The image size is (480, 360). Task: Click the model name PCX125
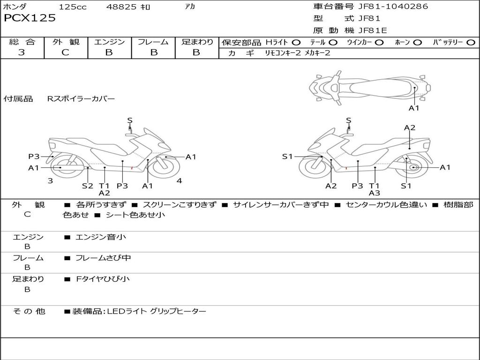pyautogui.click(x=30, y=18)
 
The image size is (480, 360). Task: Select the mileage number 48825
pyautogui.click(x=122, y=7)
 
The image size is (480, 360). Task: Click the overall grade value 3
pyautogui.click(x=22, y=52)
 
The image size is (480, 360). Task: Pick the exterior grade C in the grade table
pyautogui.click(x=65, y=52)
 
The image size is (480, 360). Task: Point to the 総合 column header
pyautogui.click(x=22, y=42)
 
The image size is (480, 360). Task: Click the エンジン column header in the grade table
pyautogui.click(x=109, y=42)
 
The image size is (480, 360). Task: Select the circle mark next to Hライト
pyautogui.click(x=296, y=43)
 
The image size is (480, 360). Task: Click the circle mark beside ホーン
pyautogui.click(x=417, y=43)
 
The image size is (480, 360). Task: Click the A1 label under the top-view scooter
pyautogui.click(x=414, y=108)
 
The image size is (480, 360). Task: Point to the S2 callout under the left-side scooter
pyautogui.click(x=88, y=186)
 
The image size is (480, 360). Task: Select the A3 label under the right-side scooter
pyautogui.click(x=374, y=193)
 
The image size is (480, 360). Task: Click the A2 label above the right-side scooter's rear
pyautogui.click(x=410, y=128)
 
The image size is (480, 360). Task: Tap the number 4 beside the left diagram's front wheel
pyautogui.click(x=179, y=181)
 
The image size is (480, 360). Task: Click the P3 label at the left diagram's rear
pyautogui.click(x=34, y=157)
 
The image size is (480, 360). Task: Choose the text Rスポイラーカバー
pyautogui.click(x=81, y=99)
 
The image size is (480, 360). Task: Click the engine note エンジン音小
pyautogui.click(x=101, y=237)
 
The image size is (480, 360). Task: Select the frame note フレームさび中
pyautogui.click(x=103, y=258)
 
